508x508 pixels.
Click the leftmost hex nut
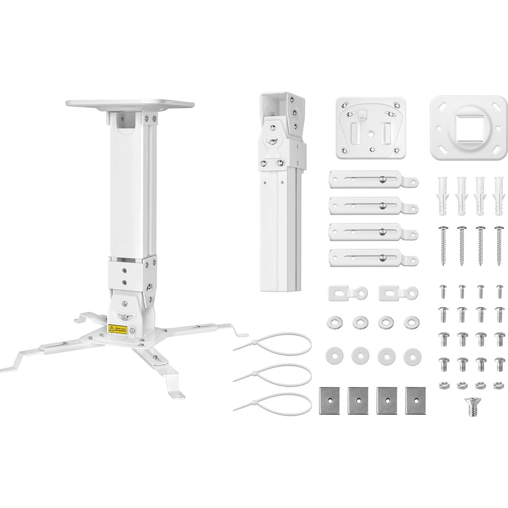(443, 385)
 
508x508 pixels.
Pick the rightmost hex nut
(498, 385)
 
